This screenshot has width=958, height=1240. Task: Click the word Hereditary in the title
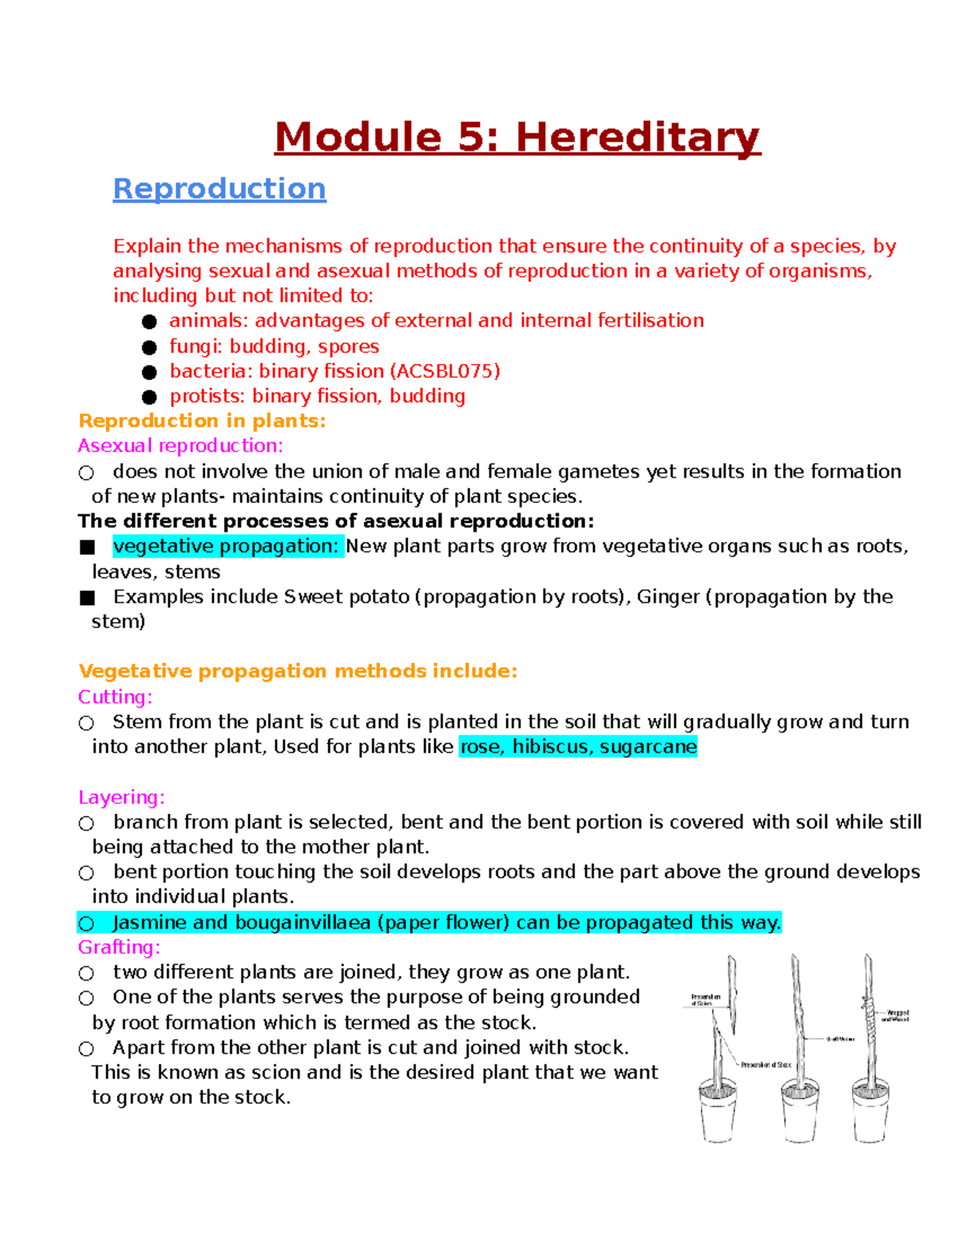point(638,137)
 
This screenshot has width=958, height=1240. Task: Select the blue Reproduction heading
point(220,189)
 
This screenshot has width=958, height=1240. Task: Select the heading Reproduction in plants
point(202,421)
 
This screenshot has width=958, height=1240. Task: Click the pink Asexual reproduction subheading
point(180,446)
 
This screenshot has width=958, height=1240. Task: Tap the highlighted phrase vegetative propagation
point(227,546)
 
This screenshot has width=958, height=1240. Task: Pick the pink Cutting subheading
point(115,697)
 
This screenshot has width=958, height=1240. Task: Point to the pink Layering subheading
point(121,797)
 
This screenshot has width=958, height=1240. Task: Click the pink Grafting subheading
point(119,947)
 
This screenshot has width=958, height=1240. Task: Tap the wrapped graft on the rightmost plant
point(867,1014)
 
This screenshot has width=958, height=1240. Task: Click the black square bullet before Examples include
point(87,597)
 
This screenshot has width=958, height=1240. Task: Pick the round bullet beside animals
point(149,322)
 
